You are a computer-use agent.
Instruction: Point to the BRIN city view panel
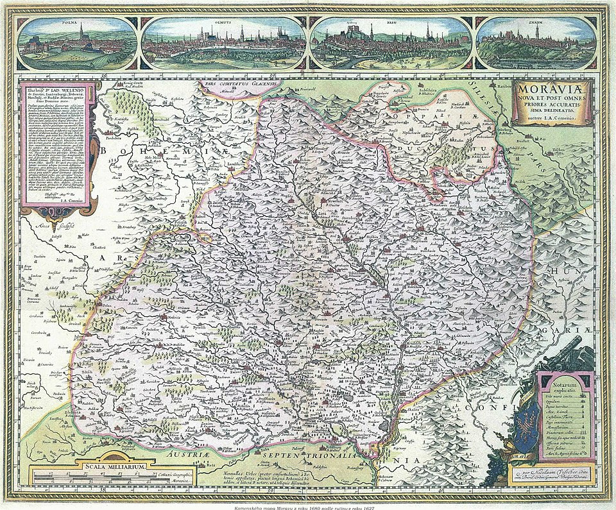(x=391, y=42)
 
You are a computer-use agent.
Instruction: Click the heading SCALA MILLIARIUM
(x=114, y=467)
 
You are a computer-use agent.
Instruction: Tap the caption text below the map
(x=308, y=506)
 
